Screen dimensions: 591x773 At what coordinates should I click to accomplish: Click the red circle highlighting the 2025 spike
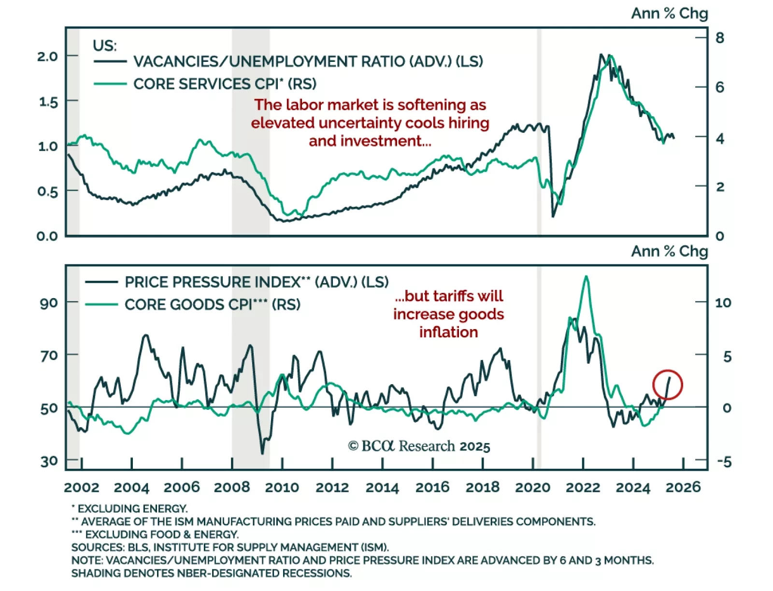pos(667,385)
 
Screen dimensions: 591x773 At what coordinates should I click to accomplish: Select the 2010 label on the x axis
pos(282,487)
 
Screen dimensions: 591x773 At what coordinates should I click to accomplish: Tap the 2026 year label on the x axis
pos(683,487)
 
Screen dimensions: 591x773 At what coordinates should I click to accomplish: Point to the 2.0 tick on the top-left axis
pos(47,57)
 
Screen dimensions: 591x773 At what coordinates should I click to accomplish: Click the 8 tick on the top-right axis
pos(719,38)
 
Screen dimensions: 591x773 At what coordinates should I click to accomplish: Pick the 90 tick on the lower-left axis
pos(49,303)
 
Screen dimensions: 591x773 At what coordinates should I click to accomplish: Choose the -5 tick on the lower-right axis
pos(724,461)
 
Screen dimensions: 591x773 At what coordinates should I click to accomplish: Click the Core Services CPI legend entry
pos(225,84)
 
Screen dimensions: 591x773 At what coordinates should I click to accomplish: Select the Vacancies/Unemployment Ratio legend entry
pos(308,62)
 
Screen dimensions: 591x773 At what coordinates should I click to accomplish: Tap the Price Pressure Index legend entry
pos(256,282)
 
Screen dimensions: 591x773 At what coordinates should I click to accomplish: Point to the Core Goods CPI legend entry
pos(212,304)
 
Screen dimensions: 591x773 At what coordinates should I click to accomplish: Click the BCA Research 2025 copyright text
pos(419,446)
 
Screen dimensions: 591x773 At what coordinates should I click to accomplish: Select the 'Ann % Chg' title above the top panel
pos(669,14)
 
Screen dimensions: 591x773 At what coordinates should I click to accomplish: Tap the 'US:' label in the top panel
pos(105,45)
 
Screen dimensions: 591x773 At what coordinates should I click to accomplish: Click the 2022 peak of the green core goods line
pos(586,276)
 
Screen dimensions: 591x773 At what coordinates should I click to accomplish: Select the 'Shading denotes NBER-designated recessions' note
pos(212,574)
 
